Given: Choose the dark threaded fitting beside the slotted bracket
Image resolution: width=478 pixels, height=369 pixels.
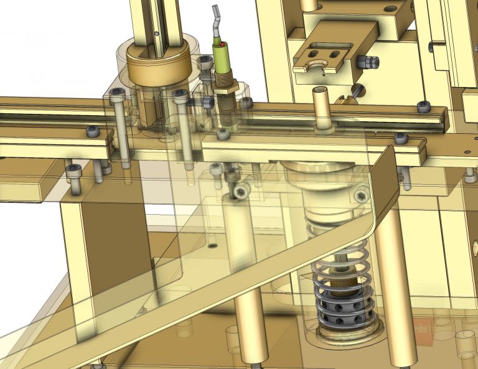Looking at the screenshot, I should pyautogui.click(x=370, y=62).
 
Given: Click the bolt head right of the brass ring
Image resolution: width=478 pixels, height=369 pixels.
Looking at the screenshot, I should pyautogui.click(x=180, y=96).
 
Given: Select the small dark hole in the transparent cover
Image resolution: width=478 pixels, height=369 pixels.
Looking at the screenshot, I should pyautogui.click(x=213, y=246).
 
